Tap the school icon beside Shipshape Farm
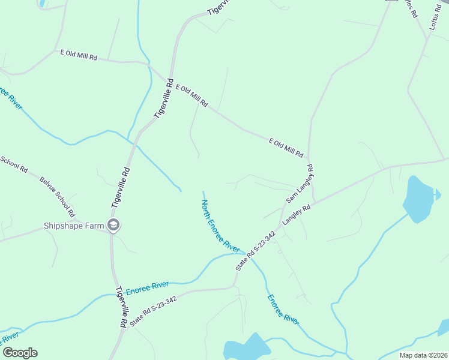(x=113, y=226)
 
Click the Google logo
(x=20, y=353)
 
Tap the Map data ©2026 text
(x=423, y=355)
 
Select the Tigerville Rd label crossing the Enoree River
(x=122, y=307)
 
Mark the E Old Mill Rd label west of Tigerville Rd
(x=79, y=55)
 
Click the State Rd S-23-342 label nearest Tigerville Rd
(x=153, y=307)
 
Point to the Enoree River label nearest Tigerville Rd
(x=148, y=287)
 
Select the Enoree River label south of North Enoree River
(x=283, y=310)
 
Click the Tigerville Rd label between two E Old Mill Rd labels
(x=163, y=98)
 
